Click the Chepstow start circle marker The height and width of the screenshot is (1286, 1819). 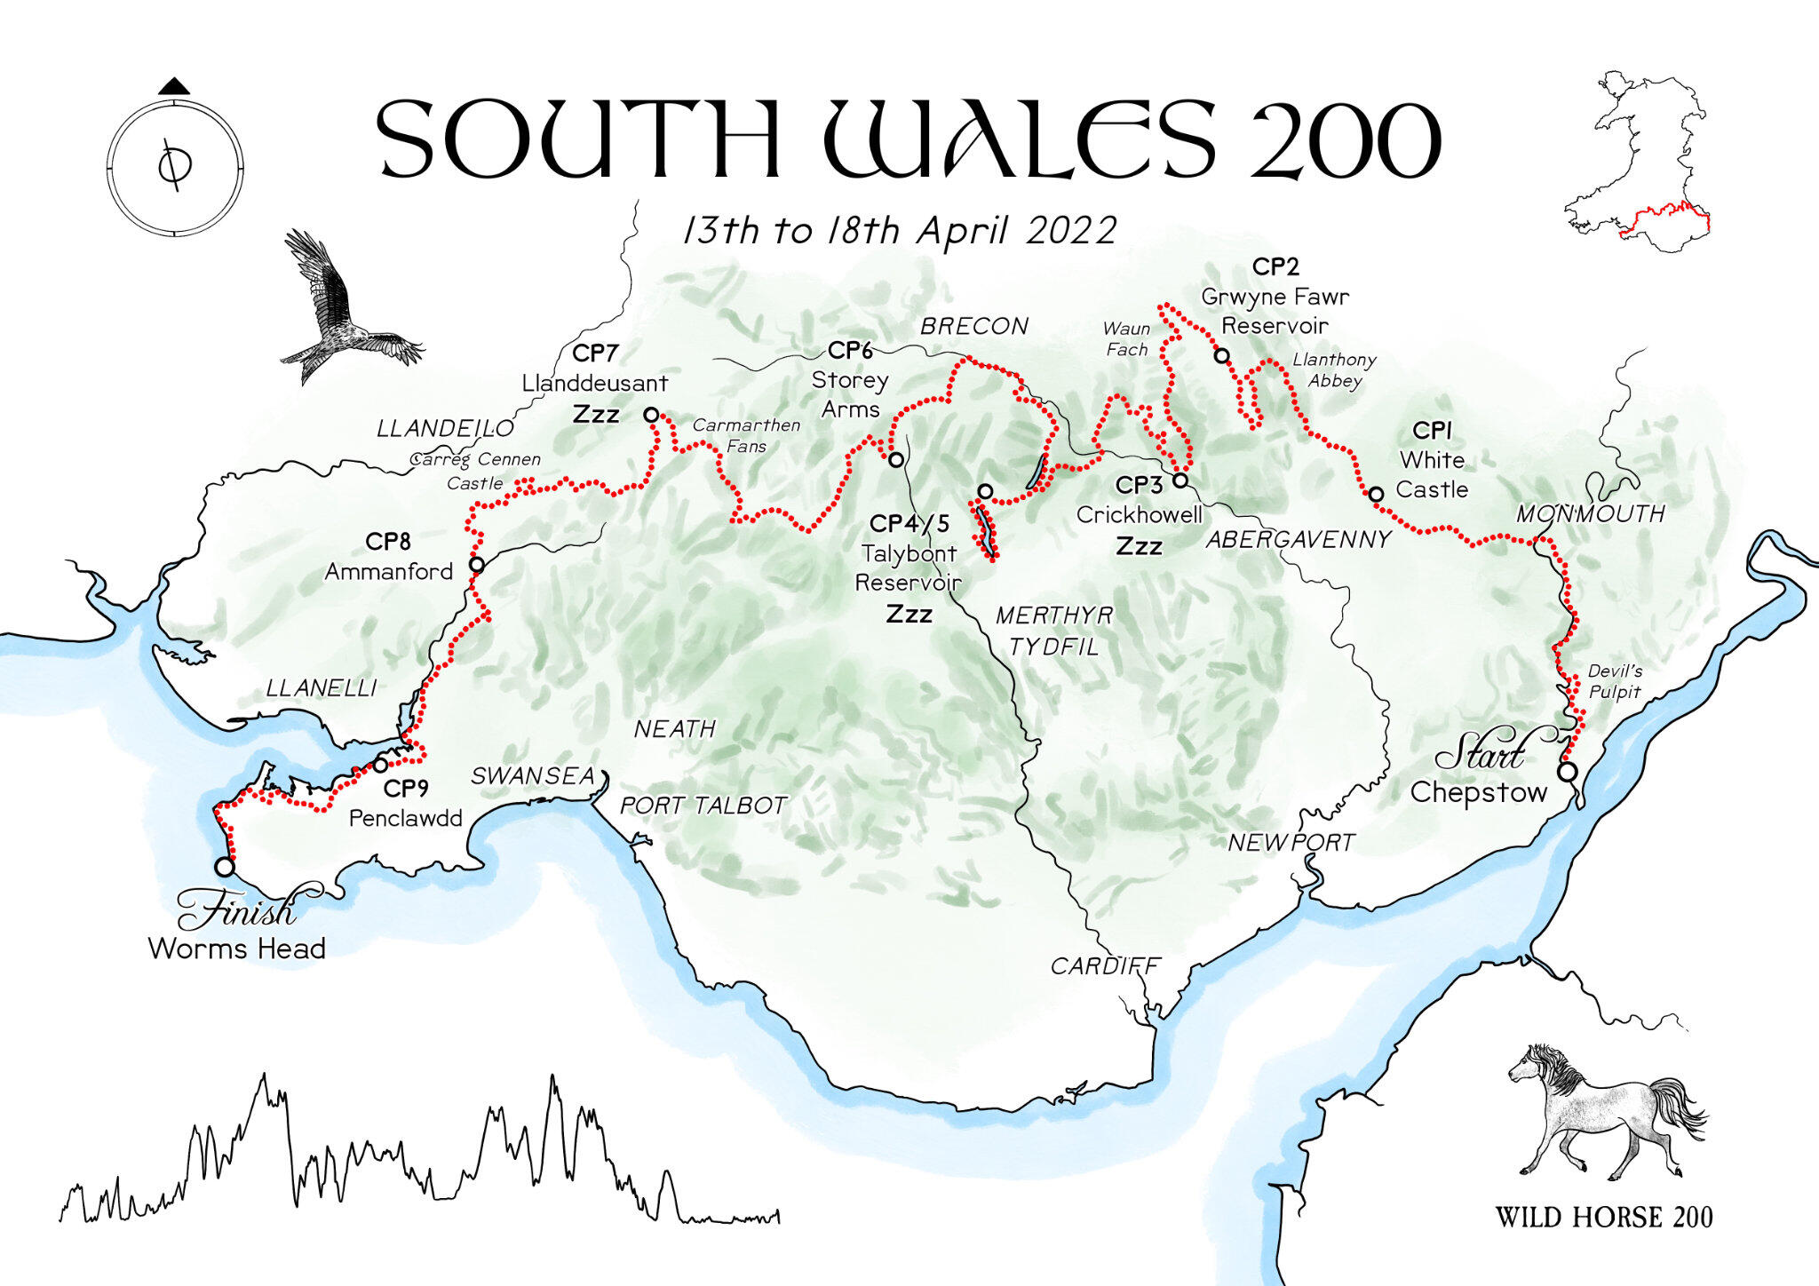(1568, 772)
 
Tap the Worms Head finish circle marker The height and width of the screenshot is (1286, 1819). (225, 866)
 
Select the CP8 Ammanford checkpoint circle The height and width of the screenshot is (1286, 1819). (477, 564)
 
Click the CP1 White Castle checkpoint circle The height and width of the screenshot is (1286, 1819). (1375, 495)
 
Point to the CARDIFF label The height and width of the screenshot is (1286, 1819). (1105, 966)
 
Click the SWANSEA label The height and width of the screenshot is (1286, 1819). (533, 776)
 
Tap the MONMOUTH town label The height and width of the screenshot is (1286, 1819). (1590, 514)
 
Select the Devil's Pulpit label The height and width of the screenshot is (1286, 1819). (1614, 681)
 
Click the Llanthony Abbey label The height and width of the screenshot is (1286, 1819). (1334, 370)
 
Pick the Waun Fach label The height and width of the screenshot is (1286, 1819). (1126, 339)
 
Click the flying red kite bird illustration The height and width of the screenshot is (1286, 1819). (342, 311)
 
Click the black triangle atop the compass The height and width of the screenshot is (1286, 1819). (174, 86)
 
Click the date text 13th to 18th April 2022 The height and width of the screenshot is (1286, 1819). (899, 231)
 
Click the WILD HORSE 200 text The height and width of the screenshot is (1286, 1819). (1603, 1218)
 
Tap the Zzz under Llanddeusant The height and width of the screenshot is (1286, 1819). (595, 415)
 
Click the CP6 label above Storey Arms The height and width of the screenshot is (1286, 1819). (850, 351)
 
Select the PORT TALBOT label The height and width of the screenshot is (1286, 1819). (703, 806)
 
